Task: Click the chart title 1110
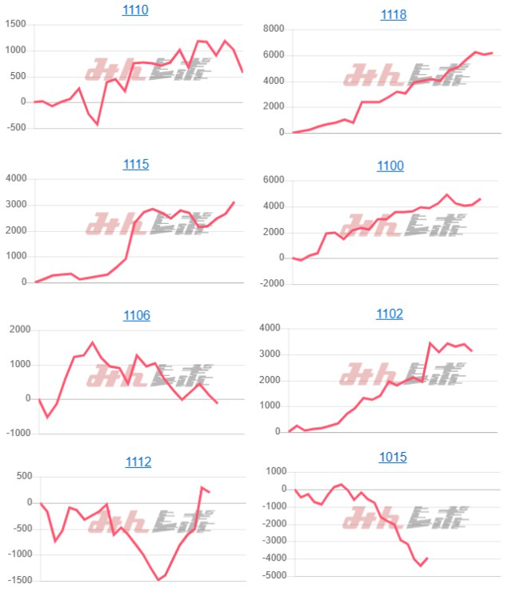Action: tap(135, 10)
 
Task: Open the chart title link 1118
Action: tap(393, 15)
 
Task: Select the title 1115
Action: tap(135, 165)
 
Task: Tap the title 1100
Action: tap(390, 166)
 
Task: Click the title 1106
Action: tap(137, 315)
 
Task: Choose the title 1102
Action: tap(390, 314)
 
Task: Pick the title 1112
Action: tap(138, 462)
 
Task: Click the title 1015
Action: tap(393, 458)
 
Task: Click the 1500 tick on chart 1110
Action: tap(15, 25)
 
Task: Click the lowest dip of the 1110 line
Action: tap(97, 124)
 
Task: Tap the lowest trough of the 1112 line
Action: tap(158, 579)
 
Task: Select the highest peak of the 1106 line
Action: tap(92, 342)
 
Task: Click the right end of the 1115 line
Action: tap(234, 202)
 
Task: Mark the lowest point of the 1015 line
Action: tap(421, 566)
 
